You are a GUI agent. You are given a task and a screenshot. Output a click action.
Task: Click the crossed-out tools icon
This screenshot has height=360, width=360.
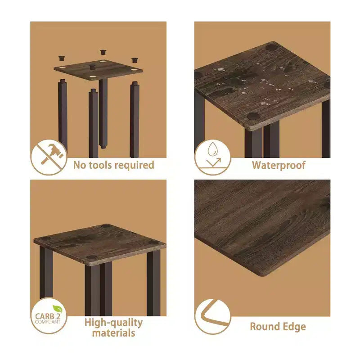pyautogui.click(x=49, y=157)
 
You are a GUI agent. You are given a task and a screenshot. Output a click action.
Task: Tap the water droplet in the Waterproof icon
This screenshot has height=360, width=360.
pyautogui.click(x=212, y=149)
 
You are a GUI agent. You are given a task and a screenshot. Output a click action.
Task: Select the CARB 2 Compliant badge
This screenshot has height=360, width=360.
pyautogui.click(x=49, y=315)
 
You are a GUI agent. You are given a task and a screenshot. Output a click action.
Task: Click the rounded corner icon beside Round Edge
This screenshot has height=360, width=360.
pyautogui.click(x=212, y=316)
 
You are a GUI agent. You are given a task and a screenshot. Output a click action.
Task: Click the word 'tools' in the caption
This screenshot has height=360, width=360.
pyautogui.click(x=100, y=165)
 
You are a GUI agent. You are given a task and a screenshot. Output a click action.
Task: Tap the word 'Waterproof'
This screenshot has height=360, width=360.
pyautogui.click(x=279, y=165)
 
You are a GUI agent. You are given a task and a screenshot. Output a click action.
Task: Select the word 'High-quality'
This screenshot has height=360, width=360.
pyautogui.click(x=114, y=323)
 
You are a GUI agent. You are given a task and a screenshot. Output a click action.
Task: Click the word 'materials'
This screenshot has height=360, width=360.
pyautogui.click(x=114, y=333)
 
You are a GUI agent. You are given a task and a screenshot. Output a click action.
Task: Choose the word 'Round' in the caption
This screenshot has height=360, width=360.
pyautogui.click(x=265, y=327)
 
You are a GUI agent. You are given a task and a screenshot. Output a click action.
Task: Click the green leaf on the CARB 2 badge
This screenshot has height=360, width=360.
pyautogui.click(x=58, y=309)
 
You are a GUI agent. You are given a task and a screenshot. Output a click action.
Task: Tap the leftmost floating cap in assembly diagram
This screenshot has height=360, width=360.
pyautogui.click(x=61, y=58)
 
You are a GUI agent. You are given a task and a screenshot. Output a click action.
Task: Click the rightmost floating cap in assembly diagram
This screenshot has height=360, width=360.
pyautogui.click(x=135, y=60)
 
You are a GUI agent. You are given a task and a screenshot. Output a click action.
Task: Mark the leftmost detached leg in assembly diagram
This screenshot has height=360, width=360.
pyautogui.click(x=63, y=114)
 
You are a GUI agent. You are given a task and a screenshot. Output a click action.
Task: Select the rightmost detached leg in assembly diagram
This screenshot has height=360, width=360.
pyautogui.click(x=135, y=119)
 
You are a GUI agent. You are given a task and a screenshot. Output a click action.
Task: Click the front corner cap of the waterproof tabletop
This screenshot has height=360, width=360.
pyautogui.click(x=253, y=116)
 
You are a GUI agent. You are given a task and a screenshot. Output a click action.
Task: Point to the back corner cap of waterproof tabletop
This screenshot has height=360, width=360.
pyautogui.click(x=271, y=48)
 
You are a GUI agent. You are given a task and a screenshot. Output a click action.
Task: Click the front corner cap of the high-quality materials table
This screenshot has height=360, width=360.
pyautogui.click(x=92, y=257)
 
